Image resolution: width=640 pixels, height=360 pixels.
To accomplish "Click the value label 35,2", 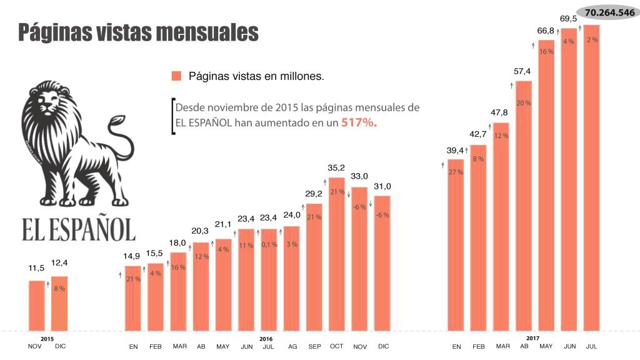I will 337,168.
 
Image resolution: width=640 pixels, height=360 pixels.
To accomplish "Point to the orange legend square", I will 176,76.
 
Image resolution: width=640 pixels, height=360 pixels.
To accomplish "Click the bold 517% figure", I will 359,123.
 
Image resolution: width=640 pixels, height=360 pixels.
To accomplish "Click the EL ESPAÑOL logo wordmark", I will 79,229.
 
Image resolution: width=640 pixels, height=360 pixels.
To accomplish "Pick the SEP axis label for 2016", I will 314,346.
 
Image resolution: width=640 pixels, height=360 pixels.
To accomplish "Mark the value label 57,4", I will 522,71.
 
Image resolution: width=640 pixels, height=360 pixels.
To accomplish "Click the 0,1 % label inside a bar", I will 269,245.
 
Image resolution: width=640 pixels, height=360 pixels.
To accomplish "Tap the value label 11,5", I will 37,268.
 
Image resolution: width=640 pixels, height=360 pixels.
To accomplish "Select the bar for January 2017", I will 456,244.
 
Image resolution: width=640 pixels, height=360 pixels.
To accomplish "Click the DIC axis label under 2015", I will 60,346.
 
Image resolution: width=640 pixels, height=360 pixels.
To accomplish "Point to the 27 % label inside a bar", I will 456,172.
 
